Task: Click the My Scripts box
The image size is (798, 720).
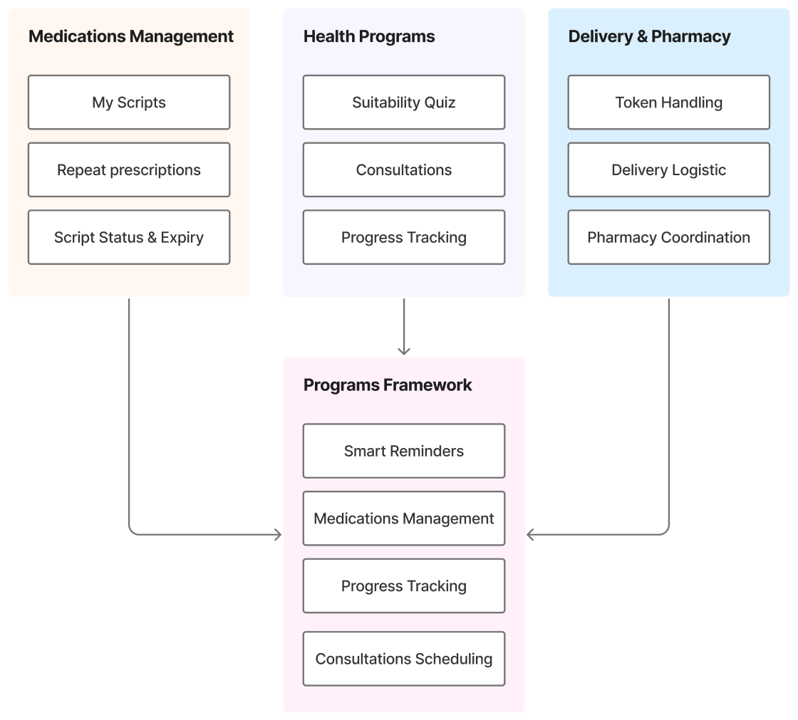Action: [x=129, y=103]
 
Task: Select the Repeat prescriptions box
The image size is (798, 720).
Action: [x=129, y=170]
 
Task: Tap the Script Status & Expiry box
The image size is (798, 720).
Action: [x=129, y=237]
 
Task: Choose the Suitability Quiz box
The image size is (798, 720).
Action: [x=404, y=103]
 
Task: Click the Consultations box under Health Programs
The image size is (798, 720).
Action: [x=404, y=170]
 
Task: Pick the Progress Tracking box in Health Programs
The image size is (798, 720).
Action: [x=404, y=237]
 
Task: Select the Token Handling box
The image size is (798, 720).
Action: [x=668, y=103]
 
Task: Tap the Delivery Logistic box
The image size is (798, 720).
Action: [x=668, y=170]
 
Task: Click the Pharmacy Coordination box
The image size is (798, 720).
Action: [x=668, y=237]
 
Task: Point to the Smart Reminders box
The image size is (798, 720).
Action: [x=404, y=451]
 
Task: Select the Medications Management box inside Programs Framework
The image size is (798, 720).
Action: [x=404, y=518]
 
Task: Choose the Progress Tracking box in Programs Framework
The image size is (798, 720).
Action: [x=404, y=586]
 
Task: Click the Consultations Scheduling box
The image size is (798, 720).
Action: [x=404, y=659]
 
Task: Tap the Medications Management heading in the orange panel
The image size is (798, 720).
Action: [x=131, y=36]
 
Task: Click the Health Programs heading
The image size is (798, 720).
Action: [x=369, y=36]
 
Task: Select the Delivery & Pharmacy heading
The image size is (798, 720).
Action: [x=649, y=36]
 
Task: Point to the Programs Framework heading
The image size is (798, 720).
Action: [x=388, y=385]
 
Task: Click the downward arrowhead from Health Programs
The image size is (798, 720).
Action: [x=404, y=350]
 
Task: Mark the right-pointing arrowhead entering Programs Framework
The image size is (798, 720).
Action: [x=278, y=534]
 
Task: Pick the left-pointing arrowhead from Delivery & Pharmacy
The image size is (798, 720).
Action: [x=531, y=534]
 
